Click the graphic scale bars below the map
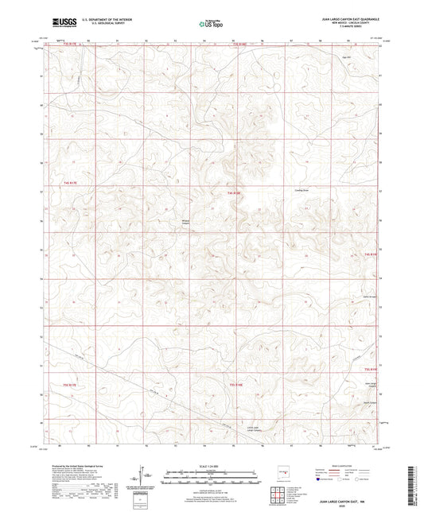(212, 479)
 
